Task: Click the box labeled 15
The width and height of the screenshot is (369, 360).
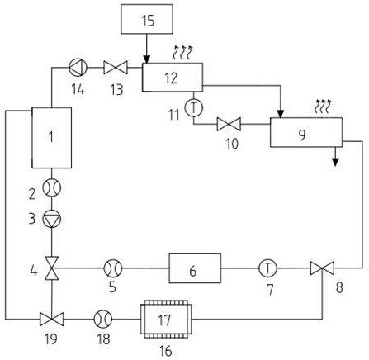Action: (x=147, y=19)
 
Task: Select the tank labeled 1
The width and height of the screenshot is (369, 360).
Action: (x=52, y=138)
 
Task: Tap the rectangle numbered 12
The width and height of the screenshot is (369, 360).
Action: (x=173, y=78)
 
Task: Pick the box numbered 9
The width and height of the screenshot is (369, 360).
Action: (x=306, y=132)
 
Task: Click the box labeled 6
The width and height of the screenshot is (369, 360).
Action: (x=195, y=268)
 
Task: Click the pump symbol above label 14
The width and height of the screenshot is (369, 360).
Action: (x=78, y=67)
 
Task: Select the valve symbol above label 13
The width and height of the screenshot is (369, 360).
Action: (x=116, y=68)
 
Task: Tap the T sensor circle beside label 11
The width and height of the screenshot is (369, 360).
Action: (x=194, y=108)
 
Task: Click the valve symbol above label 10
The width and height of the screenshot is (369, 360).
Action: (x=229, y=124)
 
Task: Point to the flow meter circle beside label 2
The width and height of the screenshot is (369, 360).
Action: (x=52, y=187)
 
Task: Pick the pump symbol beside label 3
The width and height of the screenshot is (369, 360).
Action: (x=52, y=219)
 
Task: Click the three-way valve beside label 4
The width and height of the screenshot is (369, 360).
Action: (x=52, y=268)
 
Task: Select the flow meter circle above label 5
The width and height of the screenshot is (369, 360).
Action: (x=113, y=268)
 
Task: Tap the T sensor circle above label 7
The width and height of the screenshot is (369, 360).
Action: (x=268, y=268)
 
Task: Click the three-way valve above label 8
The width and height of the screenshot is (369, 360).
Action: (x=322, y=268)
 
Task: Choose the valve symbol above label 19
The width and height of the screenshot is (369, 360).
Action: (x=52, y=320)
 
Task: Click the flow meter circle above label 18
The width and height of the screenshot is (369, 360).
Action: (x=103, y=320)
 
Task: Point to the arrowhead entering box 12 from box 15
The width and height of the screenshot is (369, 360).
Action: (x=147, y=59)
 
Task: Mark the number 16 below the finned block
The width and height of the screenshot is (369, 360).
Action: (x=166, y=351)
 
